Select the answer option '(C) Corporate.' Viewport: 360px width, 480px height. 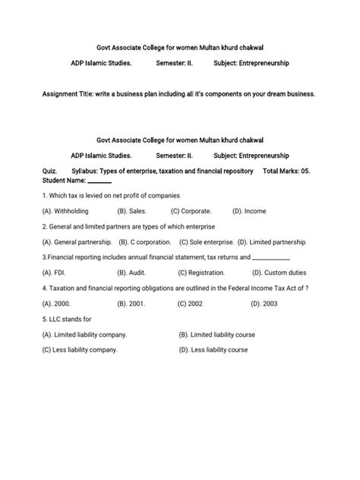coord(191,210)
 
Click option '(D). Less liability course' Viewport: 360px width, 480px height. coord(213,349)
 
